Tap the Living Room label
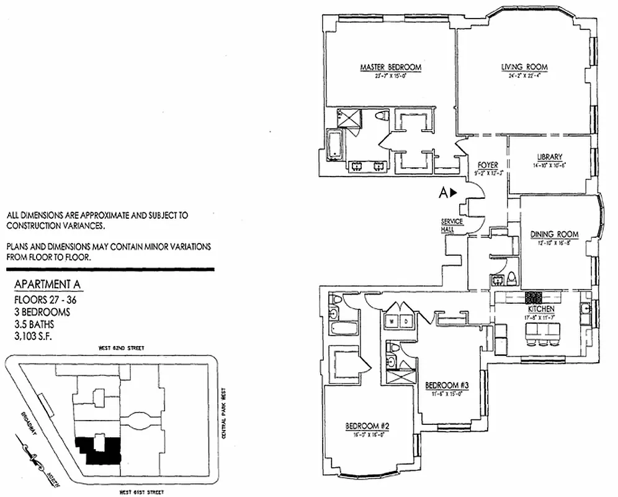click(x=525, y=67)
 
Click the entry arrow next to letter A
click(x=454, y=193)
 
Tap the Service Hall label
click(x=447, y=226)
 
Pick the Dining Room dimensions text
click(x=554, y=243)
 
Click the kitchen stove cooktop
click(x=534, y=297)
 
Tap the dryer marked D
click(x=406, y=321)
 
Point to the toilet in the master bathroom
click(x=382, y=117)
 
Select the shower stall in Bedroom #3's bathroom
click(x=395, y=375)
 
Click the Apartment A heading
click(x=47, y=286)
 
